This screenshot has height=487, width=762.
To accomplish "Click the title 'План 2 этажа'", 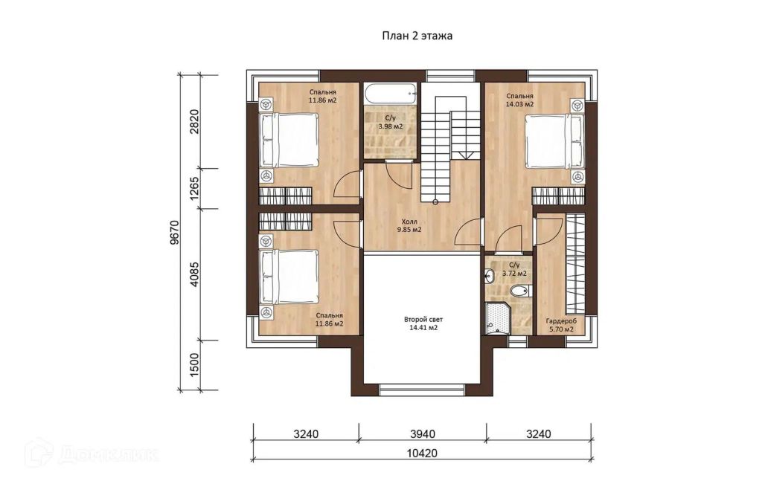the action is pos(417,36).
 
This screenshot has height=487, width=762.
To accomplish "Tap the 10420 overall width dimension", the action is pos(422,454).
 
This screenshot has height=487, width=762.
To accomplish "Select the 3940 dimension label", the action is pos(423,433).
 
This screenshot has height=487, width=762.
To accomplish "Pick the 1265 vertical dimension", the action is pos(194,188).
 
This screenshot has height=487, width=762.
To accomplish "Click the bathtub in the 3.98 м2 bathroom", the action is pos(391,93).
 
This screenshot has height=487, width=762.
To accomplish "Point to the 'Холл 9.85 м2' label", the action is pos(409,226).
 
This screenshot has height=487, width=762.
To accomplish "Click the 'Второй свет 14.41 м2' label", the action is pos(423,323).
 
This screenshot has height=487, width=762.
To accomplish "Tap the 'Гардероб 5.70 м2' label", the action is pos(561,326).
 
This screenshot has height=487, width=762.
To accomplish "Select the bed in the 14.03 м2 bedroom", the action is pos(554,141).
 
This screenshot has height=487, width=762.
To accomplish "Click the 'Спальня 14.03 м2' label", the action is pos(519,100).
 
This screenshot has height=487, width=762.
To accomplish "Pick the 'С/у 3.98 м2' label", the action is pos(391,123).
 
